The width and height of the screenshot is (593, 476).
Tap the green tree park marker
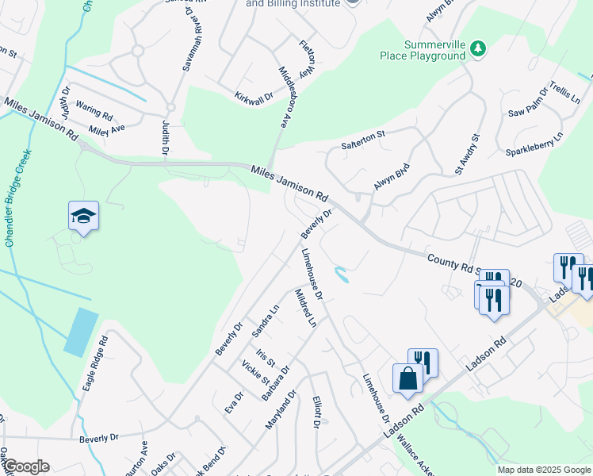(x=478, y=49)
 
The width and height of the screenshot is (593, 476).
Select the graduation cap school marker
(x=83, y=217)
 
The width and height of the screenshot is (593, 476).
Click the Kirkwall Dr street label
(x=254, y=96)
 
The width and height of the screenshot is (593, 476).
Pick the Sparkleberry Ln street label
(x=534, y=144)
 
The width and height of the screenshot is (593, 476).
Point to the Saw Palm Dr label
(x=527, y=101)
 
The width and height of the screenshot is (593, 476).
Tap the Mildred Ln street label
(x=306, y=309)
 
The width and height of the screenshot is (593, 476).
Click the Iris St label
(x=265, y=357)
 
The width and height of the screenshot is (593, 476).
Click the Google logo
(x=26, y=466)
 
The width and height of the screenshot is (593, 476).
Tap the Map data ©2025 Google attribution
(x=543, y=470)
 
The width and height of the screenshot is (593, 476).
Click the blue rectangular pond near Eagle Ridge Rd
(x=81, y=332)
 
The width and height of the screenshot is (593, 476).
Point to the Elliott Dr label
(x=316, y=412)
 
